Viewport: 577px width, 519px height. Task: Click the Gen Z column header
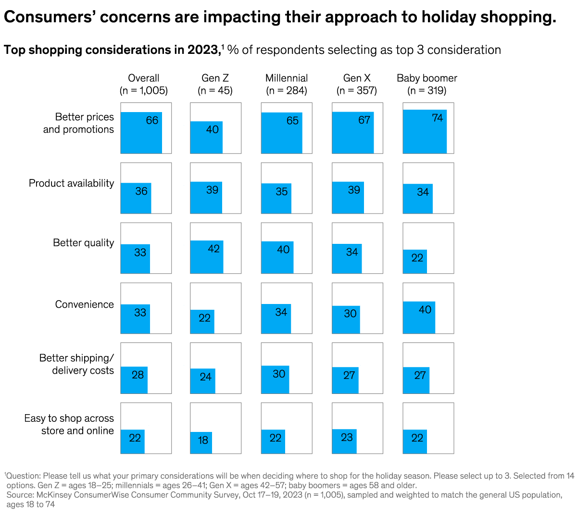(x=215, y=84)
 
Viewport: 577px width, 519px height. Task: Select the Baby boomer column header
(x=426, y=84)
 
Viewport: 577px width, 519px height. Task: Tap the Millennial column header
(x=287, y=84)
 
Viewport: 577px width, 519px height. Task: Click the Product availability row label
(x=71, y=183)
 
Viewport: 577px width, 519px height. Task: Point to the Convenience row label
(x=84, y=304)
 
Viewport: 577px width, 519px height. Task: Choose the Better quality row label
(x=83, y=243)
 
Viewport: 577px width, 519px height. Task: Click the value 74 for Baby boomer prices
(x=437, y=118)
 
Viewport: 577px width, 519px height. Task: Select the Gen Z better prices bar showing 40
(x=206, y=138)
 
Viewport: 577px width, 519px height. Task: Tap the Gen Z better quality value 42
(x=213, y=249)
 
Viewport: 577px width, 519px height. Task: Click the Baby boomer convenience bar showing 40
(x=419, y=317)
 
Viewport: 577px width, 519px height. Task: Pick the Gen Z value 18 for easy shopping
(x=203, y=440)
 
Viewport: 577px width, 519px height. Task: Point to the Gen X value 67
(x=364, y=120)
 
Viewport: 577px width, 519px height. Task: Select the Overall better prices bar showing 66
(x=141, y=133)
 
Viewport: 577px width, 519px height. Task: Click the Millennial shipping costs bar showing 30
(x=275, y=380)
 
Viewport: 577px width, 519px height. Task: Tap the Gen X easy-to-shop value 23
(x=347, y=437)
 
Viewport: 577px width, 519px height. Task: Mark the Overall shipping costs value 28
(x=138, y=375)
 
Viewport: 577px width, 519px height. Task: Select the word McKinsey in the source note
(x=53, y=495)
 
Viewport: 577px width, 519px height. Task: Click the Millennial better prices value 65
(x=292, y=121)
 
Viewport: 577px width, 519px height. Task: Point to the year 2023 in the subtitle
(x=203, y=50)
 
